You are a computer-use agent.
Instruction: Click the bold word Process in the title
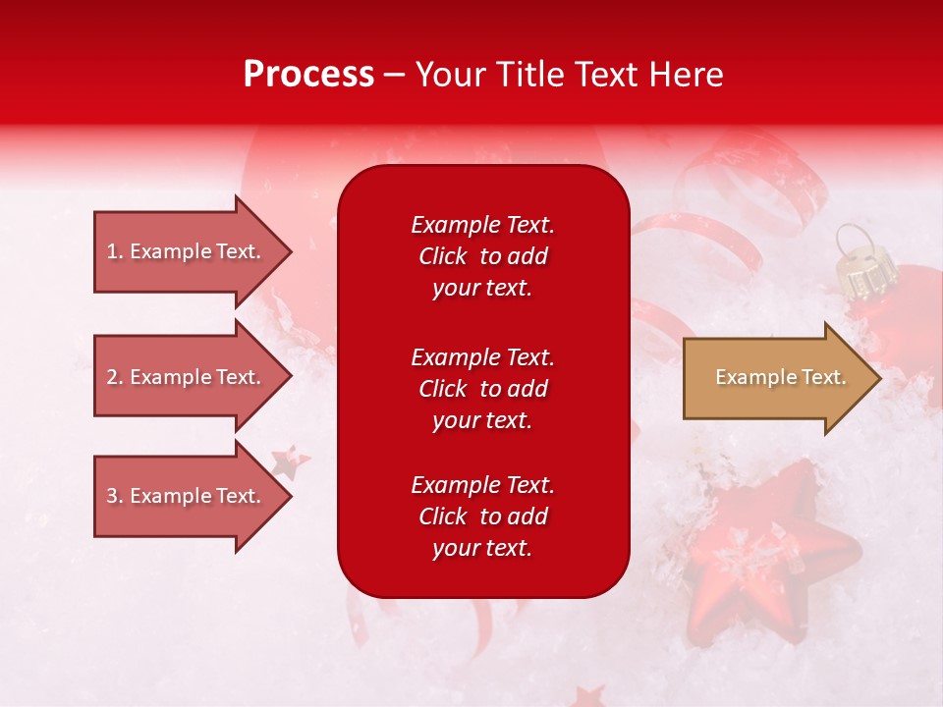pyautogui.click(x=308, y=75)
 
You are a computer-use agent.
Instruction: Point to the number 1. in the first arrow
pyautogui.click(x=115, y=251)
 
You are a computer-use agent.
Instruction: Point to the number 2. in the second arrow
pyautogui.click(x=115, y=377)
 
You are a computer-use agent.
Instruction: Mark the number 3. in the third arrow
pyautogui.click(x=115, y=496)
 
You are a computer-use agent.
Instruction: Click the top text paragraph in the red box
pyautogui.click(x=482, y=256)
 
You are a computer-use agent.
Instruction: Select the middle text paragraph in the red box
pyautogui.click(x=482, y=389)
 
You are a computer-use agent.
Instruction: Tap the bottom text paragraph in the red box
pyautogui.click(x=482, y=517)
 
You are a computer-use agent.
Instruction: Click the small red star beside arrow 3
pyautogui.click(x=291, y=460)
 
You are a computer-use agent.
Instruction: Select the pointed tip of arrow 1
pyautogui.click(x=289, y=251)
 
